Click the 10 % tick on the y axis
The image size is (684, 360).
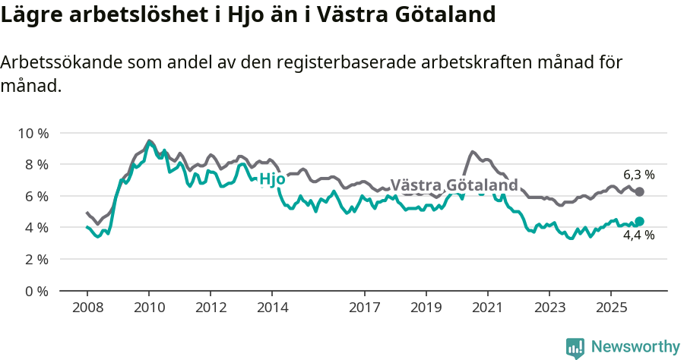tap(33, 133)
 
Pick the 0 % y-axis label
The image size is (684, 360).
tap(36, 291)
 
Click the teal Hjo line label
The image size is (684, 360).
tap(272, 180)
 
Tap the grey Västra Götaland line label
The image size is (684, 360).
tap(454, 185)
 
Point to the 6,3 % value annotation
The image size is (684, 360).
tap(639, 175)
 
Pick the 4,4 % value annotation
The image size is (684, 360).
tap(639, 235)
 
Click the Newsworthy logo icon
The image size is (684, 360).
tap(575, 347)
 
